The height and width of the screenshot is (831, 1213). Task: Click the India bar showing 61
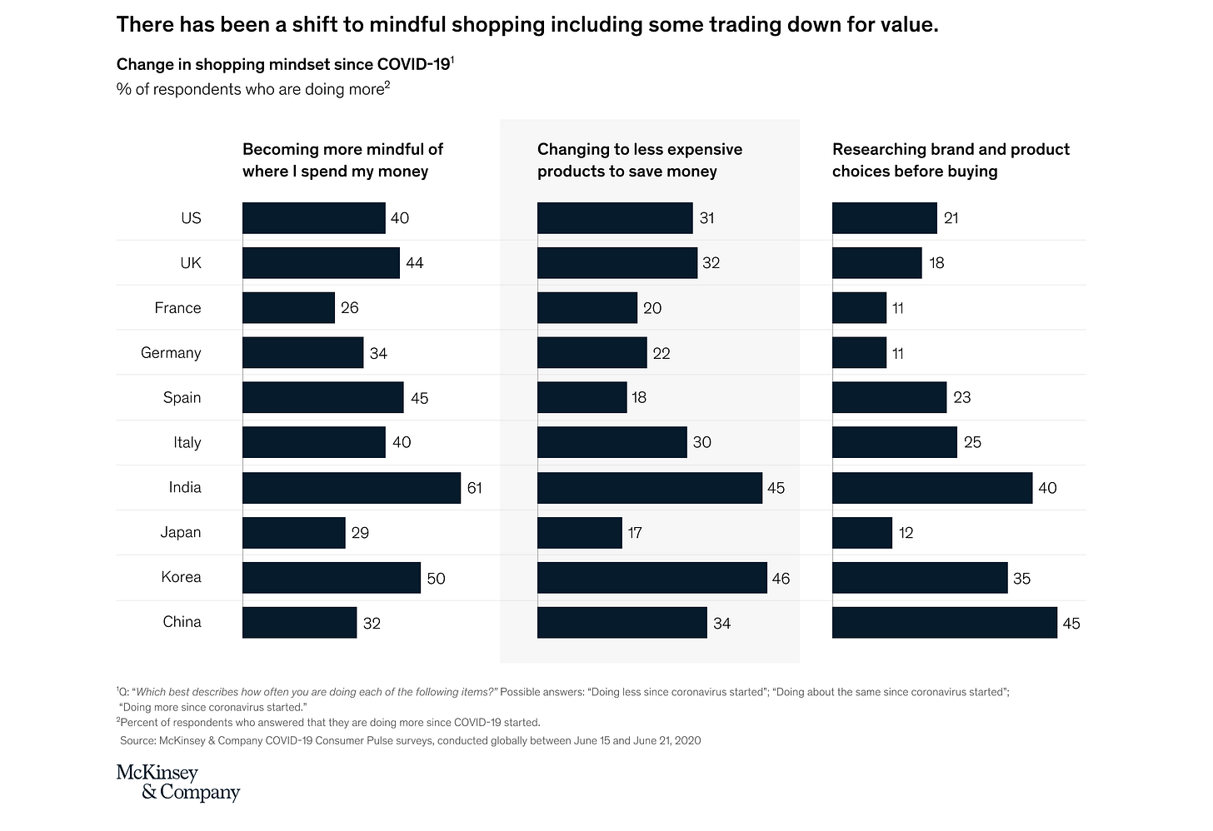[351, 488]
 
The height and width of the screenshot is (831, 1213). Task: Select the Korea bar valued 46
[651, 578]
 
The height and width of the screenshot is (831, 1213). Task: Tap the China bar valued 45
[944, 623]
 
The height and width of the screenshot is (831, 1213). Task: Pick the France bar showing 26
[288, 308]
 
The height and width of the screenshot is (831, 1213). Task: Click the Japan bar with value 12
[861, 533]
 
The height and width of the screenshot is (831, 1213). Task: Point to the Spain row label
[182, 398]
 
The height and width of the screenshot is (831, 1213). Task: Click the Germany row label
[171, 353]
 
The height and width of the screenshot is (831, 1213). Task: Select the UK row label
[191, 263]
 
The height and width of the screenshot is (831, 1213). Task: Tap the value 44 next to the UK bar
[414, 263]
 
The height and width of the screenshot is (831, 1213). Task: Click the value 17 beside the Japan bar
[635, 533]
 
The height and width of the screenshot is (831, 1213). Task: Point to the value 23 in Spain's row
[961, 398]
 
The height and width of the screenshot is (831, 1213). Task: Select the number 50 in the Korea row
[436, 578]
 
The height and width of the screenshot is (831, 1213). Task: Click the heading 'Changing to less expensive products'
[639, 160]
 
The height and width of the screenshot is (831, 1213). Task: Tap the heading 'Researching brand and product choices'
[950, 160]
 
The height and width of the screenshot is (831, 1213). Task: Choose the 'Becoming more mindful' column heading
[342, 160]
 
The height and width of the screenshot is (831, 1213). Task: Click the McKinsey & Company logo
[177, 782]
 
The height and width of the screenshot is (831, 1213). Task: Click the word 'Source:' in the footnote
[138, 740]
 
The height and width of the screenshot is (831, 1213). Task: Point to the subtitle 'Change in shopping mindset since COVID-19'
[283, 64]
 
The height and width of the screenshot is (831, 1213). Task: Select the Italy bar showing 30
[611, 443]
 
